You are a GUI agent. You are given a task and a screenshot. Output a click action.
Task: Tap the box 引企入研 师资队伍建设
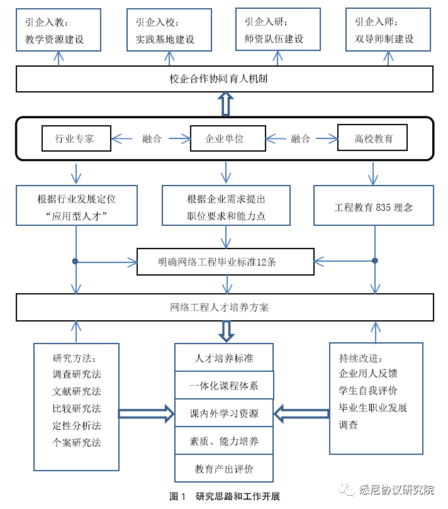coord(277,30)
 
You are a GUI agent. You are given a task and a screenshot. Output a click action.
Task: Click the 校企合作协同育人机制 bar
coord(224,79)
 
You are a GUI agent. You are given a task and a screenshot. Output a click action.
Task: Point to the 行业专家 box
coord(76,138)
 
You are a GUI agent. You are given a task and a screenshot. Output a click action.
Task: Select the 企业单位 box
coord(225,138)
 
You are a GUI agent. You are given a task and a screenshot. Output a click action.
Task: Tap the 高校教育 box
coord(372,138)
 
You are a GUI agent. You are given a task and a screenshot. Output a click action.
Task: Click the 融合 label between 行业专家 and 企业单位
coord(151,139)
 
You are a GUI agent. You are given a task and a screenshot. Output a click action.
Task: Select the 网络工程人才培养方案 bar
coord(224,307)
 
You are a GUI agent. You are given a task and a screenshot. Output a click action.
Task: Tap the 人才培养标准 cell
coord(224,358)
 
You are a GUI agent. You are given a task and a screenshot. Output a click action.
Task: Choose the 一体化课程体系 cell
coord(224,385)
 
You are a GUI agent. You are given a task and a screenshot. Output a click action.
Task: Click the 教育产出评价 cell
coord(224,469)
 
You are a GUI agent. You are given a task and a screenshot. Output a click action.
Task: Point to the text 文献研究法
coord(77,391)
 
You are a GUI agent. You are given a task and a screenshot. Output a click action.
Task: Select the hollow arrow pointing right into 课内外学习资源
coord(146,413)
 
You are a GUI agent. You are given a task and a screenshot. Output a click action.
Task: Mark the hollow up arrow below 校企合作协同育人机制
coord(225,104)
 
